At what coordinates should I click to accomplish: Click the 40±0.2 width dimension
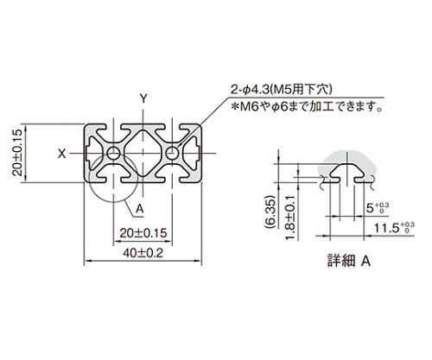[143, 254]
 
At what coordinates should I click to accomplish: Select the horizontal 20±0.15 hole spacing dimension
[143, 233]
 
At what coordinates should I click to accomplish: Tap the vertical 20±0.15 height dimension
[17, 153]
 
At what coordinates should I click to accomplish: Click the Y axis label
[143, 99]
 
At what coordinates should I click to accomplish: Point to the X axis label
[62, 154]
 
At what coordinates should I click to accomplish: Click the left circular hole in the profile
[114, 153]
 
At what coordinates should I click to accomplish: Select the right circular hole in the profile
[172, 153]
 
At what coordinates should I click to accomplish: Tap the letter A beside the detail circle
[140, 209]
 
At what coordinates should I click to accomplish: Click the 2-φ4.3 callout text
[281, 90]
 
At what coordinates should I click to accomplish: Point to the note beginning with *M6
[308, 107]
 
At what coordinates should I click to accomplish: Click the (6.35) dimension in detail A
[270, 212]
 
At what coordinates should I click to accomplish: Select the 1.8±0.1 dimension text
[290, 218]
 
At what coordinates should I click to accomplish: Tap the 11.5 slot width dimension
[394, 228]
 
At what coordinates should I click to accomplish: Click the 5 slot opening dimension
[378, 208]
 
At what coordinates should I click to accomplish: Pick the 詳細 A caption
[349, 262]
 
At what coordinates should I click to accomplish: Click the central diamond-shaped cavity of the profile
[143, 153]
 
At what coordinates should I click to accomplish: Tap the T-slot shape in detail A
[347, 173]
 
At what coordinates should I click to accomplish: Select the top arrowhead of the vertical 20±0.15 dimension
[25, 128]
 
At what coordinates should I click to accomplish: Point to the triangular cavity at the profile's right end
[190, 153]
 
